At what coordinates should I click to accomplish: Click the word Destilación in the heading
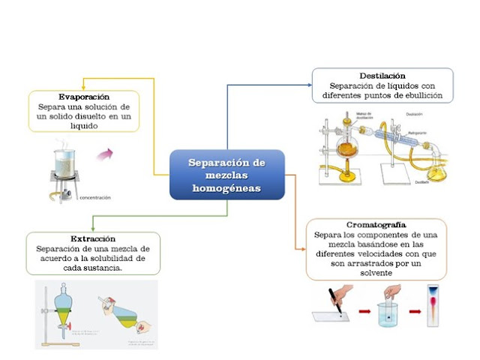382,76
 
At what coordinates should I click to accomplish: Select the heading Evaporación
84,97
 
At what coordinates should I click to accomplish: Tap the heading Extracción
88,238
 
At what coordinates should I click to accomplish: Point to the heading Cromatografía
376,225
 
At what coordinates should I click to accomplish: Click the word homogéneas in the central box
227,188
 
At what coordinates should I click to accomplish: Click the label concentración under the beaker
94,198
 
